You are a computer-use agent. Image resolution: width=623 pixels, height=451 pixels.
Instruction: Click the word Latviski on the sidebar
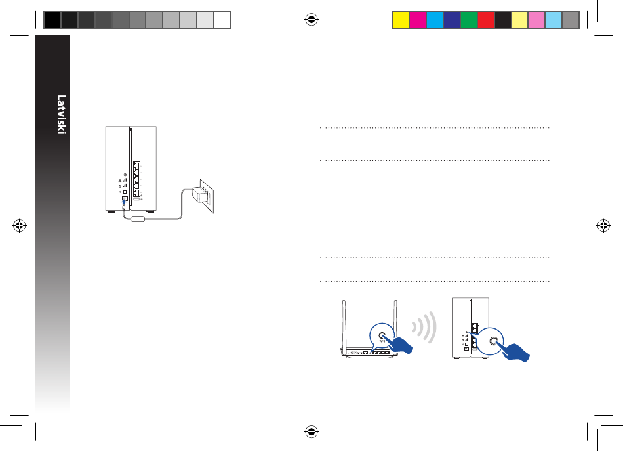(61, 114)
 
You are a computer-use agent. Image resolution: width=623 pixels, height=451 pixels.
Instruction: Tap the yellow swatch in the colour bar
(401, 20)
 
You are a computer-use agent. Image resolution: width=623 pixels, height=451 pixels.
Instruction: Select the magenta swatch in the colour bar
(418, 20)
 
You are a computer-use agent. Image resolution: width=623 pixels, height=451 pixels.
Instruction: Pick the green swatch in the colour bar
(468, 20)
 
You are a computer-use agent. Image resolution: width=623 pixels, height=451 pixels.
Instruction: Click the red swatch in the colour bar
(485, 20)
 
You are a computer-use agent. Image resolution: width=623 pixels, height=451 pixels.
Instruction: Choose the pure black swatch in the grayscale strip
(52, 20)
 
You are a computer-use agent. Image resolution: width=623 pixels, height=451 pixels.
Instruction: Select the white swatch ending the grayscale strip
(222, 20)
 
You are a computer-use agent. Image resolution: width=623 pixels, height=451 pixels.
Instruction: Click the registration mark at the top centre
(311, 20)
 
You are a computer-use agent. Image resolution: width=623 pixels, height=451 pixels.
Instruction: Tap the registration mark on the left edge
(19, 226)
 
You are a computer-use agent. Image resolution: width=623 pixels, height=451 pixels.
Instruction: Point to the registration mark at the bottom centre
(311, 431)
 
